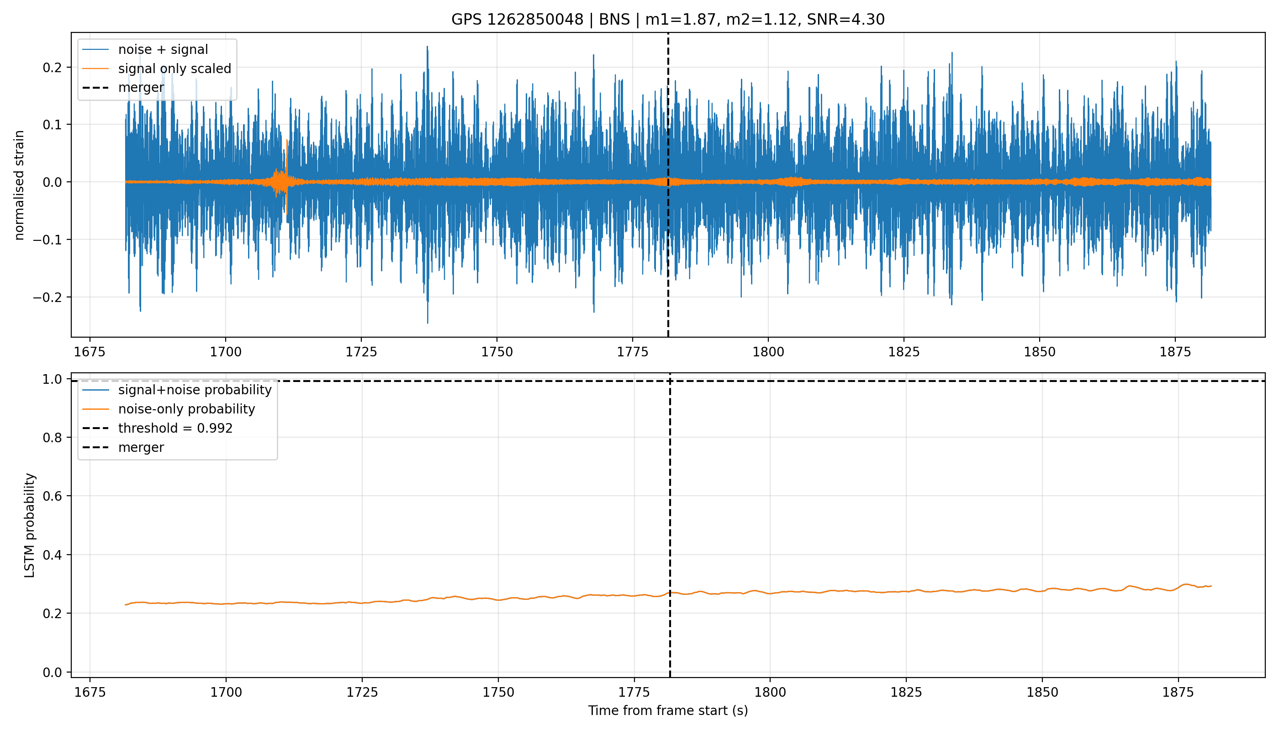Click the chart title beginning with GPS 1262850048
pyautogui.click(x=668, y=20)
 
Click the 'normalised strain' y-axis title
pyautogui.click(x=19, y=185)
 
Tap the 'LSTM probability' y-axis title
pyautogui.click(x=30, y=525)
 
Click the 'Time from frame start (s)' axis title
pyautogui.click(x=668, y=711)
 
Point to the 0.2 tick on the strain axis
pyautogui.click(x=52, y=67)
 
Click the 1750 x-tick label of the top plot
pyautogui.click(x=497, y=352)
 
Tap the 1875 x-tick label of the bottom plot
pyautogui.click(x=1178, y=692)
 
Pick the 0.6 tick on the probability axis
pyautogui.click(x=52, y=496)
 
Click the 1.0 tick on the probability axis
pyautogui.click(x=52, y=379)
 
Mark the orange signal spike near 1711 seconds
pyautogui.click(x=286, y=176)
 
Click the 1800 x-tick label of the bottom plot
pyautogui.click(x=770, y=692)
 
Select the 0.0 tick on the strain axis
pyautogui.click(x=52, y=182)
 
